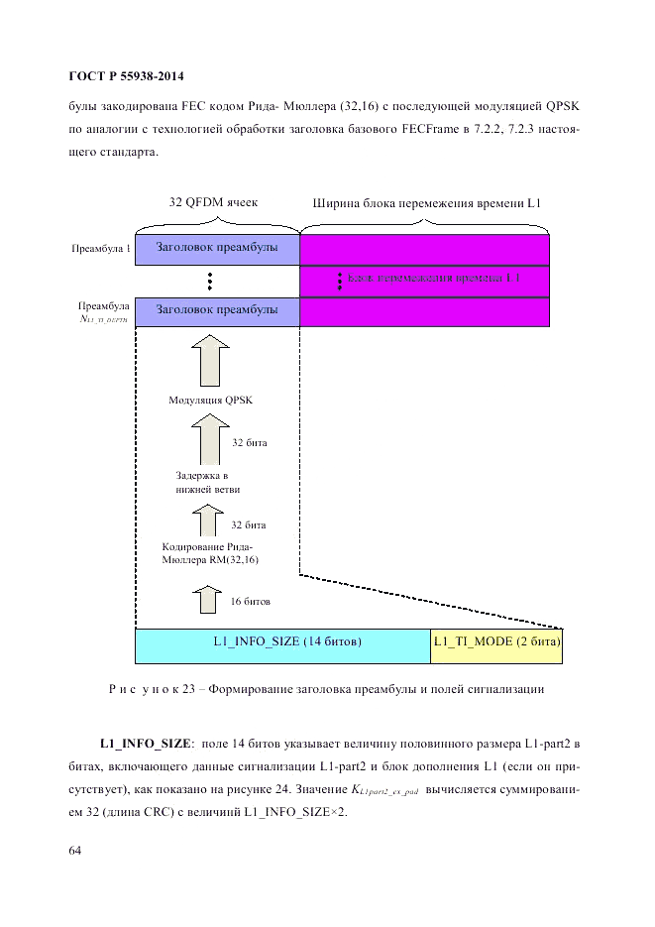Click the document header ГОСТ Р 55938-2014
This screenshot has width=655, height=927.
(x=126, y=76)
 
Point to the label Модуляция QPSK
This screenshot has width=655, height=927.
(x=210, y=401)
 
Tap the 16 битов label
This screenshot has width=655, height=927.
(x=250, y=602)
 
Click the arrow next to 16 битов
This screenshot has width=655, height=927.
(x=208, y=600)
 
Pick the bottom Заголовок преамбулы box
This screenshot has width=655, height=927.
(x=217, y=311)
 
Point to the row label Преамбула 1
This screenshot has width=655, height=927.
(x=100, y=249)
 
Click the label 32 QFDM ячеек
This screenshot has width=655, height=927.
(x=213, y=202)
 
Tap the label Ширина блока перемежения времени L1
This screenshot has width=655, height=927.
(x=425, y=203)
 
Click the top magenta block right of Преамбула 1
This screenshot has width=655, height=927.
(x=425, y=249)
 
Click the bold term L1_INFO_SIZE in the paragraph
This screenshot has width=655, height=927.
(x=145, y=743)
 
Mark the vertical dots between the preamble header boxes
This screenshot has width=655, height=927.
(x=210, y=281)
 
